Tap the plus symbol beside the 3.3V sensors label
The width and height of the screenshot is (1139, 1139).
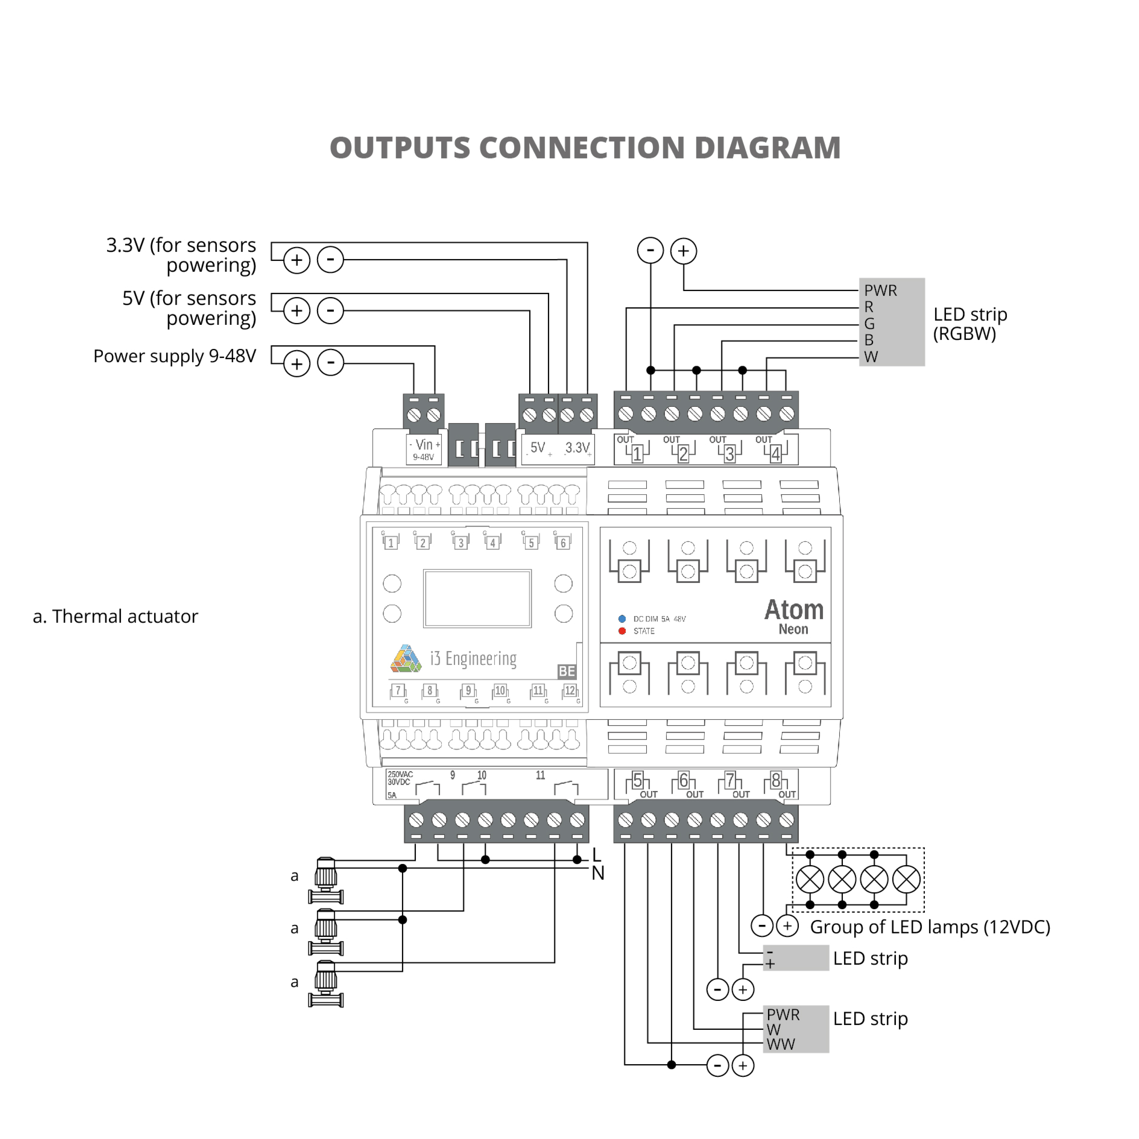coord(297,260)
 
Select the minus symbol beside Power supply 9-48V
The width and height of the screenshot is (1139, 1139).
coord(331,363)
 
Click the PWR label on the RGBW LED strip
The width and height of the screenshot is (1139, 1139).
coord(880,291)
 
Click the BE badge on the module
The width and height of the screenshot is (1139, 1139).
coord(567,671)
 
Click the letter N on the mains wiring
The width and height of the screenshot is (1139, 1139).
coord(598,873)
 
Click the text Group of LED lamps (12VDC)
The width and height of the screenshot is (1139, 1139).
coord(930,927)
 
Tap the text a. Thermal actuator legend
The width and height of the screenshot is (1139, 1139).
coord(115,616)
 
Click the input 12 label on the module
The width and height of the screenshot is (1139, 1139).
coord(569,690)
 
